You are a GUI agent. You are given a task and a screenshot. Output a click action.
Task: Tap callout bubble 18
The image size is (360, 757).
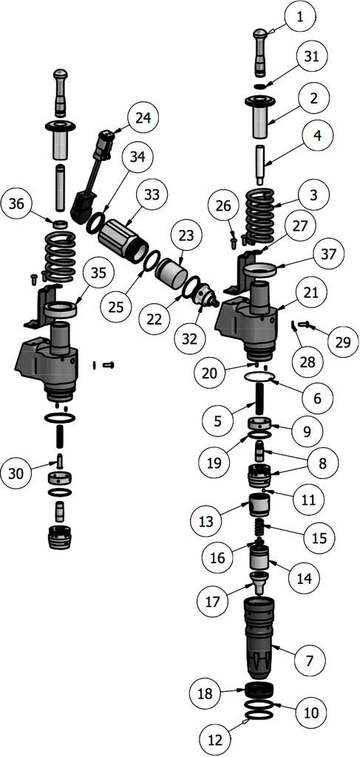(204, 694)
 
